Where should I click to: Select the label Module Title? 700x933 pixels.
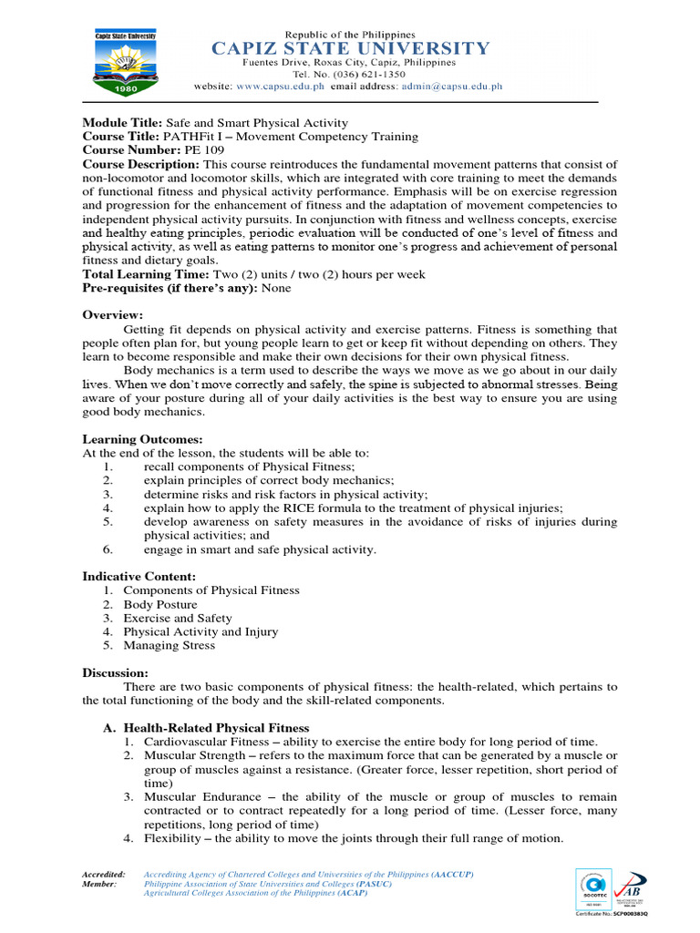[121, 123]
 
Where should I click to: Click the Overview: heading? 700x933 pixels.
[113, 314]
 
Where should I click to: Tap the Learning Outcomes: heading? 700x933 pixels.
[142, 439]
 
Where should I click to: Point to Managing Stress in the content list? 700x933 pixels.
[170, 645]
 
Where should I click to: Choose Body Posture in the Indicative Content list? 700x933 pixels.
[160, 604]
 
